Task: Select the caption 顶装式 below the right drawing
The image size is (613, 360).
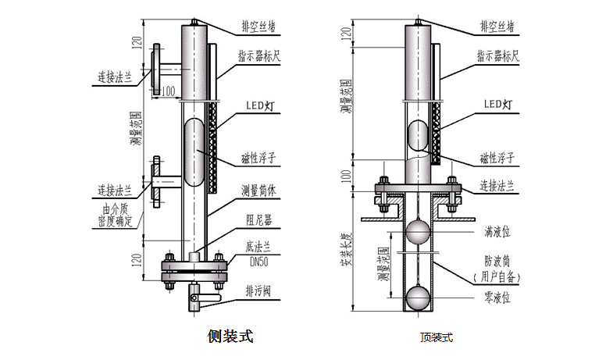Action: click(436, 338)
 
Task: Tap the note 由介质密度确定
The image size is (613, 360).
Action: click(118, 216)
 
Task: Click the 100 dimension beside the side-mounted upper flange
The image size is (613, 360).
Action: click(166, 91)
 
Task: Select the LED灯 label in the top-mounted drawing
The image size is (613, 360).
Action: click(497, 103)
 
